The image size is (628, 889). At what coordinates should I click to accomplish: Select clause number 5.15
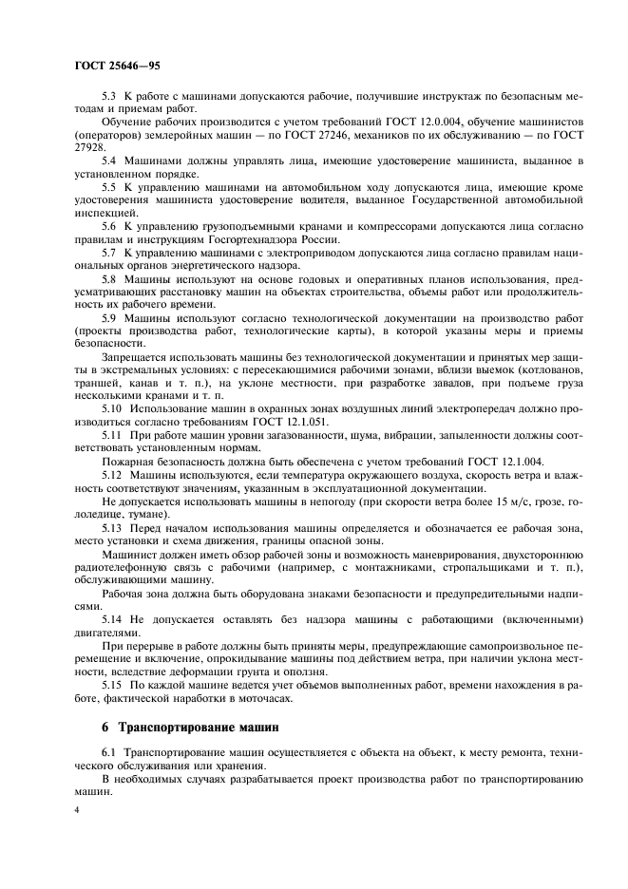pyautogui.click(x=110, y=684)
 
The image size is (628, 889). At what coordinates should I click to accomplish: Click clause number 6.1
pyautogui.click(x=107, y=751)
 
